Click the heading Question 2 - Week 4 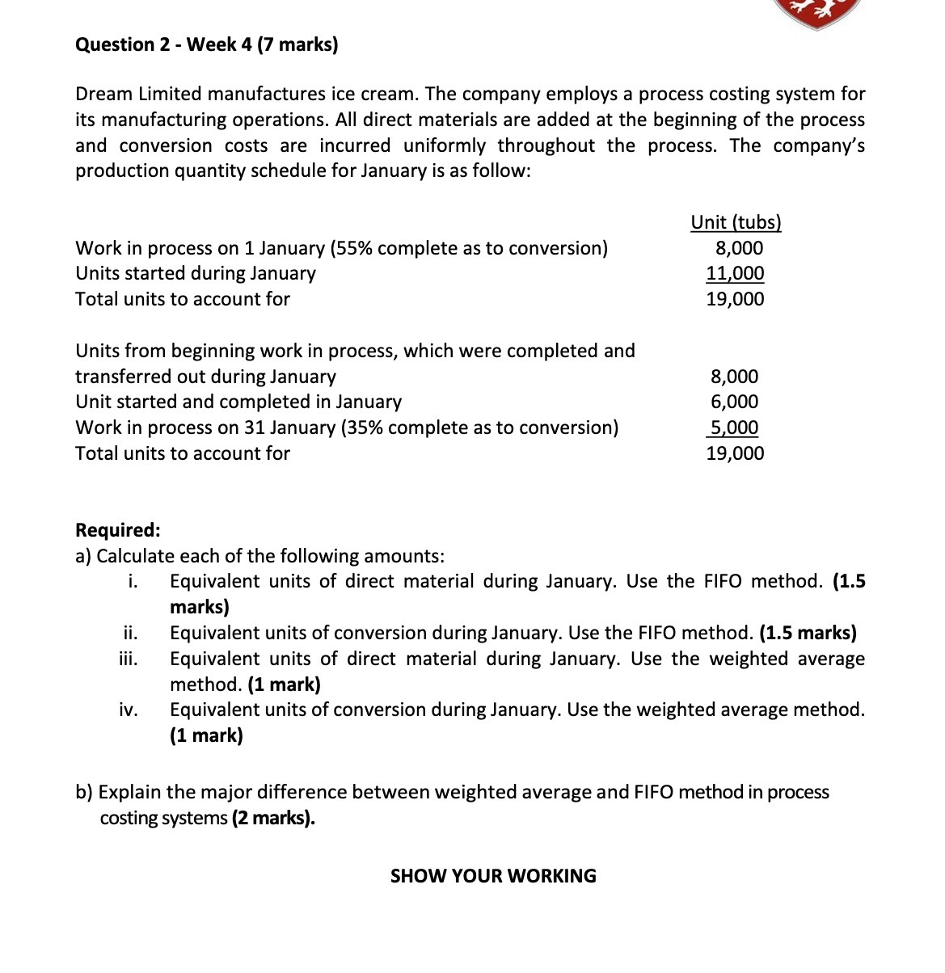pos(206,44)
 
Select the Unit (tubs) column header pos(736,222)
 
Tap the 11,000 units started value pos(735,273)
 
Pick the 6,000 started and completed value pos(735,402)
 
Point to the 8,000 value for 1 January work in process pos(739,248)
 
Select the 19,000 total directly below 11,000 pos(735,299)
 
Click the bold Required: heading pos(118,530)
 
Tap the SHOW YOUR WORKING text pos(493,876)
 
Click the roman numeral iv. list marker pos(129,710)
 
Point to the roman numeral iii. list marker pos(129,659)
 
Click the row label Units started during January pos(196,273)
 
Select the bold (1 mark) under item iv pos(206,735)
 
